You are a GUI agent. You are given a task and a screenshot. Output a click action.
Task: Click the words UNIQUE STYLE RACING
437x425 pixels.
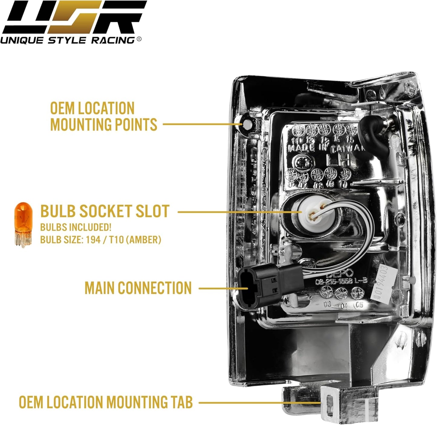coord(68,40)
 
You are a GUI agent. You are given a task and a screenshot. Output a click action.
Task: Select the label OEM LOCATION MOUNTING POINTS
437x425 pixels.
coord(103,117)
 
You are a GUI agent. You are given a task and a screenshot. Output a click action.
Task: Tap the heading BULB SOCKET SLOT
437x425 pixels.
coord(105,211)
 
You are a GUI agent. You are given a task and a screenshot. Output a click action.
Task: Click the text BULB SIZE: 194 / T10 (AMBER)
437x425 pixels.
coord(100,240)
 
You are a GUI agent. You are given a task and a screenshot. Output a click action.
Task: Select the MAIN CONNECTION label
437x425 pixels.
coord(138,288)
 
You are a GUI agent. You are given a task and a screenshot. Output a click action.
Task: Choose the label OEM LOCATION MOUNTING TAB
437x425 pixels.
coord(106,402)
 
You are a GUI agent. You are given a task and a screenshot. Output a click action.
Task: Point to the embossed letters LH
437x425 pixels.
coord(338,159)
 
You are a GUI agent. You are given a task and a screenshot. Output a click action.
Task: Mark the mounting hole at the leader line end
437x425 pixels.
coord(247,124)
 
